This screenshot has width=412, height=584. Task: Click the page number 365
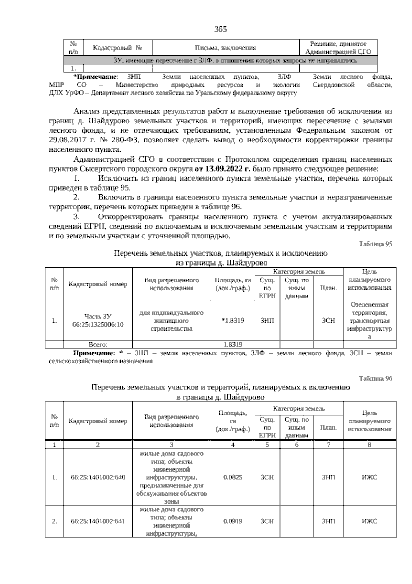[220, 30]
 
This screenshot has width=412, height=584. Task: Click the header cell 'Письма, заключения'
[226, 48]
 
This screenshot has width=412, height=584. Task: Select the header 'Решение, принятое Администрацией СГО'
[338, 48]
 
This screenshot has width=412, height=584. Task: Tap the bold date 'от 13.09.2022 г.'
[223, 169]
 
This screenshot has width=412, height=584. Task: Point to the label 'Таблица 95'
[375, 244]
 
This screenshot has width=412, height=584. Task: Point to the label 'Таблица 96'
[375, 378]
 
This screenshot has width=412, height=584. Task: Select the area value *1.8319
[233, 321]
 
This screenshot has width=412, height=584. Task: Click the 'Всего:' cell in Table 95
[98, 345]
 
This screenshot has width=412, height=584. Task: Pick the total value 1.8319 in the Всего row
[233, 345]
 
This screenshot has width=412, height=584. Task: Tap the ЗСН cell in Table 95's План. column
[328, 321]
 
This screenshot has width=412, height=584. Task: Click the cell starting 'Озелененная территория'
[369, 321]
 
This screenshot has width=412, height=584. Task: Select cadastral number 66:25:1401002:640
[98, 477]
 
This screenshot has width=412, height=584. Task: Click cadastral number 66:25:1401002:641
[98, 521]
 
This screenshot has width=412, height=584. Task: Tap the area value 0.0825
[233, 477]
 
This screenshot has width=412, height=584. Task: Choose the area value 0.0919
[233, 521]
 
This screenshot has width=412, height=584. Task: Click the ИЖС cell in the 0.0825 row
[369, 477]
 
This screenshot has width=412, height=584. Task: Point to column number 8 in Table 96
[369, 445]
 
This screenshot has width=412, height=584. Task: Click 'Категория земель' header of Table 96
[299, 409]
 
